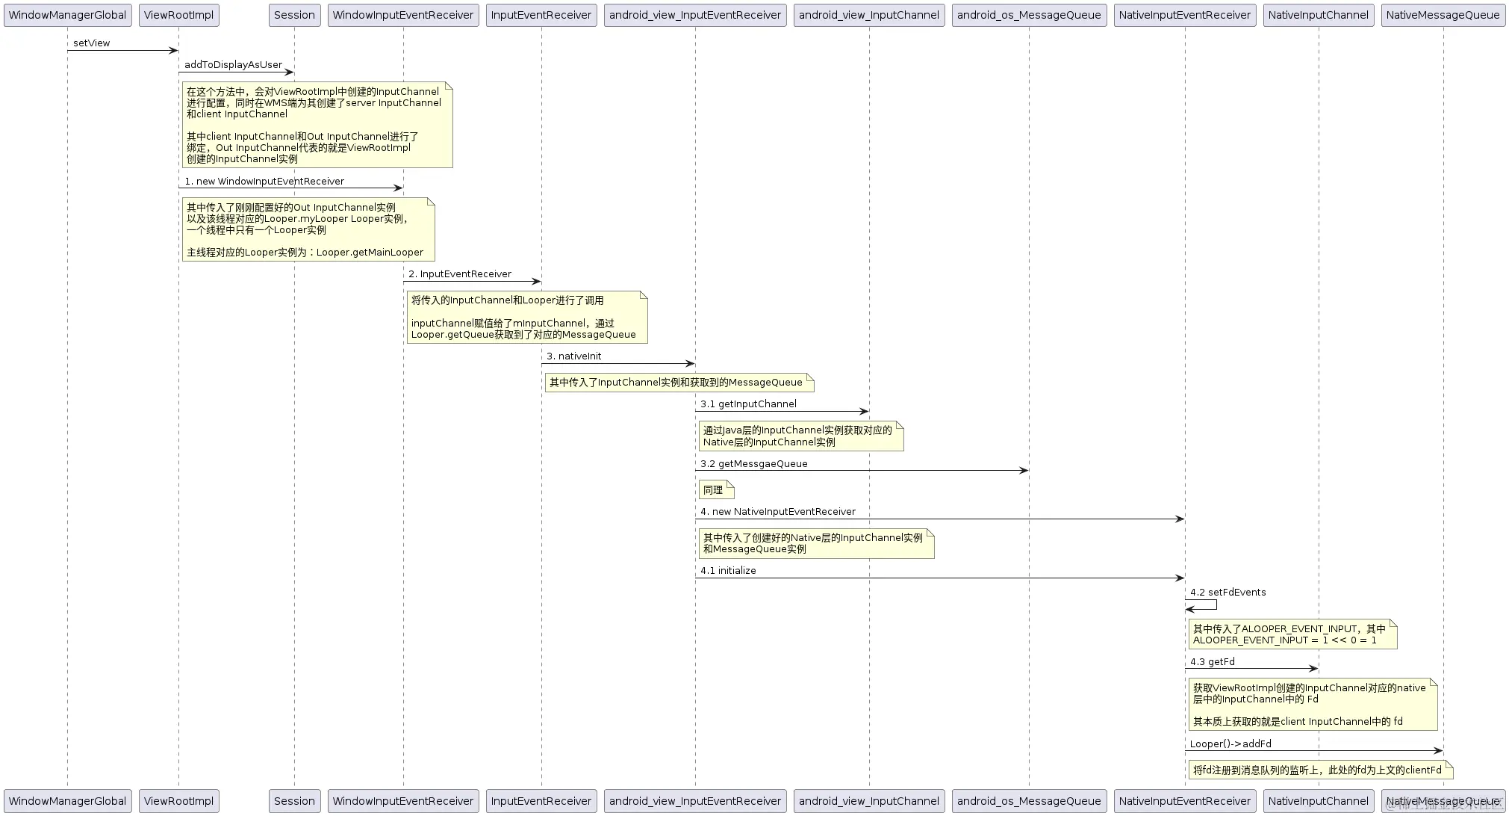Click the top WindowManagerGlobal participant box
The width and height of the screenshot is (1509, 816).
(67, 15)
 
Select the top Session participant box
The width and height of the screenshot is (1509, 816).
(294, 15)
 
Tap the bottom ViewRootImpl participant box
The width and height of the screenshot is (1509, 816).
(178, 801)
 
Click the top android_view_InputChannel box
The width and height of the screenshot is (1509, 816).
(868, 15)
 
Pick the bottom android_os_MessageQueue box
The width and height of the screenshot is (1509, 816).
(1028, 801)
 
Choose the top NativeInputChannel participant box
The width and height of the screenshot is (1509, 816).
(1318, 15)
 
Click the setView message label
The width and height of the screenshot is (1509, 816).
(91, 43)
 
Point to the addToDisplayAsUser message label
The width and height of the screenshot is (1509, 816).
(233, 65)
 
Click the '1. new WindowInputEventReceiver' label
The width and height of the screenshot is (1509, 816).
(264, 182)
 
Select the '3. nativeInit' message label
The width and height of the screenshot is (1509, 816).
(573, 356)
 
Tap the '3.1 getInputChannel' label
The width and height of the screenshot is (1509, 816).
(748, 404)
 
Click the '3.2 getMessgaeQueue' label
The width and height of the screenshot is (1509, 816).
(753, 464)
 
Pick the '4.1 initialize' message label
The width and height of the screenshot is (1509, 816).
(728, 571)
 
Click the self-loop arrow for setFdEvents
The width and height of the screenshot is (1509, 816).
(1202, 605)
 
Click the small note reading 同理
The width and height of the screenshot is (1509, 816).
(716, 490)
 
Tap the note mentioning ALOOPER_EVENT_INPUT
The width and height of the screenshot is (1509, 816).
(1292, 634)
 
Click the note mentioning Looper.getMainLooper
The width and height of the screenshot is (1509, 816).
(308, 229)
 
